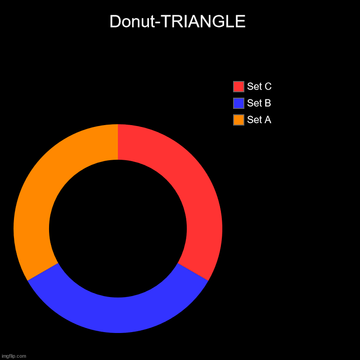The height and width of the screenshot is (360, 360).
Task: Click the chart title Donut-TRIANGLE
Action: pos(177,22)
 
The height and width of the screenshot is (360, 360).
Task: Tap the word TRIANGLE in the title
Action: pos(207,22)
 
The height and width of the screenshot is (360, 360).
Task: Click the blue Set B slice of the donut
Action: pos(118,315)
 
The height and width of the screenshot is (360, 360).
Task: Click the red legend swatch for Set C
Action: pos(238,86)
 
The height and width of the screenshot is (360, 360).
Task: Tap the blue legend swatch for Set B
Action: pos(238,103)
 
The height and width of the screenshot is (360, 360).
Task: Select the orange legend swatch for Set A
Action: pos(238,120)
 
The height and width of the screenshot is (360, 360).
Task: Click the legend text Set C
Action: pos(259,86)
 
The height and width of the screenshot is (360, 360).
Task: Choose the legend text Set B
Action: pos(259,103)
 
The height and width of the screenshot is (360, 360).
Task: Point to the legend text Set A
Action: pos(259,120)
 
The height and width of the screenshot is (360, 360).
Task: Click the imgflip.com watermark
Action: pos(13,356)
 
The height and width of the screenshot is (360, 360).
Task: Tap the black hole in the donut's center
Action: pos(118,229)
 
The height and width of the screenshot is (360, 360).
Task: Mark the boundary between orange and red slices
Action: pos(118,142)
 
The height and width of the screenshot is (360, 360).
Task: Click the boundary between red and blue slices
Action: pos(193,272)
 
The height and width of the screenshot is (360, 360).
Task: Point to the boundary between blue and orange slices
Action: pos(43,272)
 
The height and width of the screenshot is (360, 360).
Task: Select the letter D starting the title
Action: pos(115,22)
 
